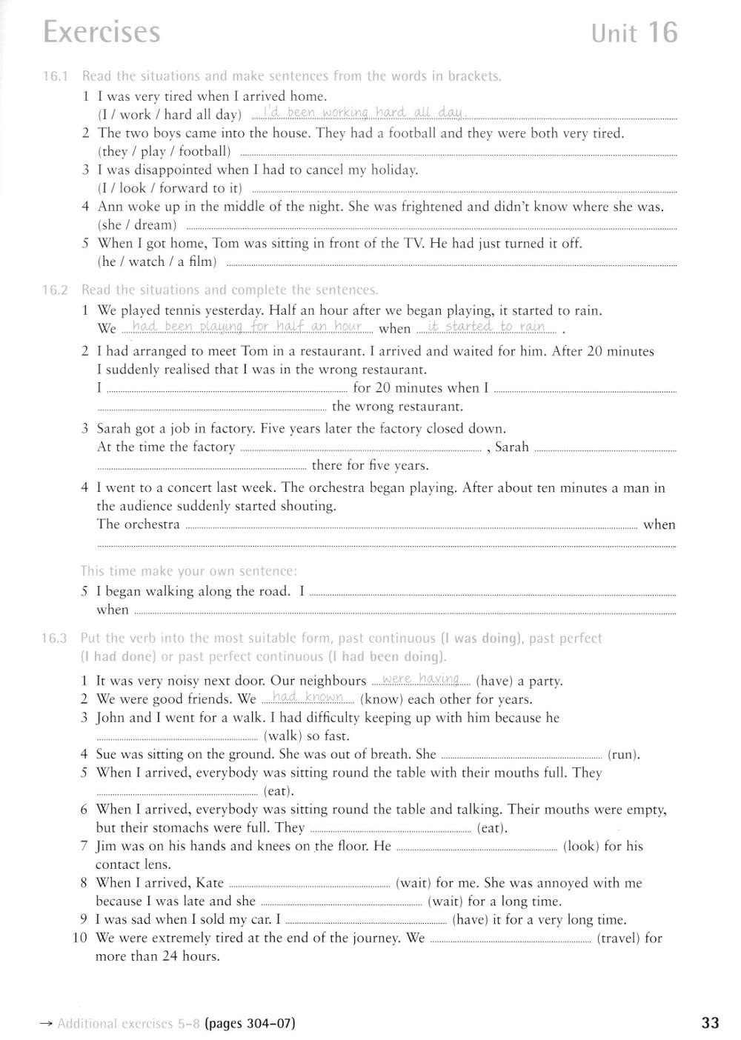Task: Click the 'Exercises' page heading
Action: tap(102, 33)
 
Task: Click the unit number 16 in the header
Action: tap(663, 33)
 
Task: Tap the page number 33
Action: tap(709, 1023)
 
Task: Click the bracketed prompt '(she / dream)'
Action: tap(137, 225)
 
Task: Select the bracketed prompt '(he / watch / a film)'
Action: tap(157, 261)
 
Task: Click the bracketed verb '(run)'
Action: tap(623, 755)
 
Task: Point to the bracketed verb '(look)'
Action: tap(581, 846)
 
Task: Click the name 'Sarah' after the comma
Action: tap(511, 447)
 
